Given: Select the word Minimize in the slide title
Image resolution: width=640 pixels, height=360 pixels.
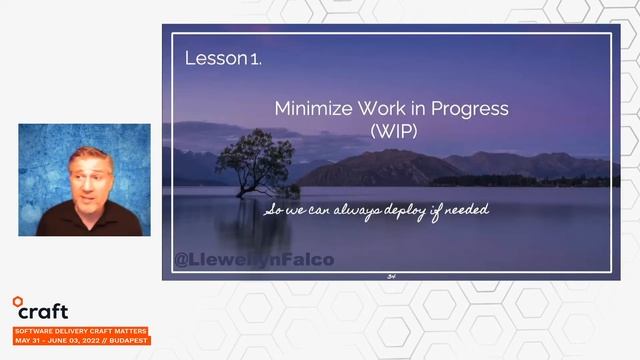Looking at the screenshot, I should click(x=314, y=109).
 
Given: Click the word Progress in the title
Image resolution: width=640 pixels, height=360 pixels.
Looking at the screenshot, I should click(x=473, y=109).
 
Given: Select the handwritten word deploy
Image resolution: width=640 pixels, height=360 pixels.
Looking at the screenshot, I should click(x=400, y=212).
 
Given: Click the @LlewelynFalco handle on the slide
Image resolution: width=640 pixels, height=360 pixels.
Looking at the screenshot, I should click(x=254, y=260).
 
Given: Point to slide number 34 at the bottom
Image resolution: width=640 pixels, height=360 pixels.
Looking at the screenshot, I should click(x=391, y=275).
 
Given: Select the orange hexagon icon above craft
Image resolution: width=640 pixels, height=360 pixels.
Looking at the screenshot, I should click(x=18, y=300).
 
